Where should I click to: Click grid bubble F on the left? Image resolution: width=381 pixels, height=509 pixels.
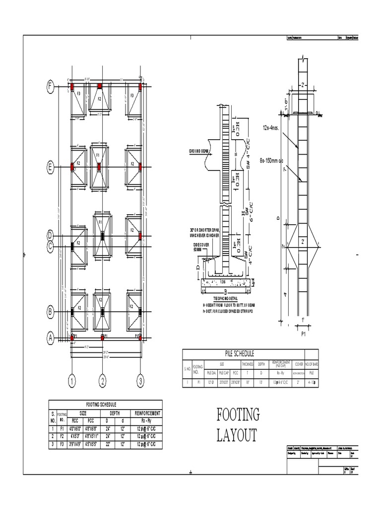(x=50, y=87)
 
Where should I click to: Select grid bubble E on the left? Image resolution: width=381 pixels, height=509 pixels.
(x=50, y=168)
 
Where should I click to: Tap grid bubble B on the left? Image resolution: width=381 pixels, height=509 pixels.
(x=50, y=312)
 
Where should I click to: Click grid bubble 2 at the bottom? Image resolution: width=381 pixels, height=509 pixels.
(x=103, y=382)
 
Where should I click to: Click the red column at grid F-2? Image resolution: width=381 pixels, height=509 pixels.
(x=100, y=86)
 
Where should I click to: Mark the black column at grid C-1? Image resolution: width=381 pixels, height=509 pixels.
(x=72, y=245)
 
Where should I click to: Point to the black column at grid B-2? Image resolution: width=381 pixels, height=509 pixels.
(x=102, y=312)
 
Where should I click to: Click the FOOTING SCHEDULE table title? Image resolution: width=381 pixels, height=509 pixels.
(x=105, y=405)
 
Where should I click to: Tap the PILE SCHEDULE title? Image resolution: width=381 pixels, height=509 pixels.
(x=240, y=353)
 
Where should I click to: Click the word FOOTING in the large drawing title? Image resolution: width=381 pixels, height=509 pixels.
(x=238, y=414)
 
